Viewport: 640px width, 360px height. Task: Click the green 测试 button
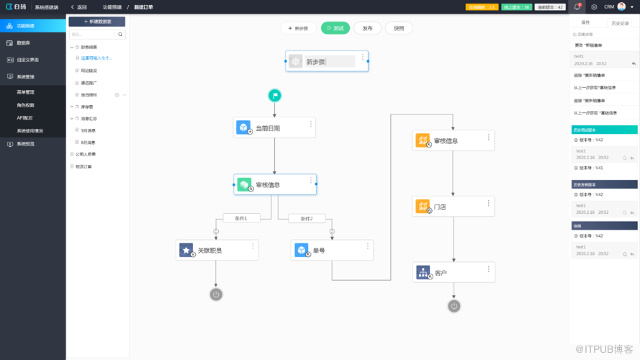point(335,28)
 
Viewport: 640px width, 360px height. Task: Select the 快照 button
point(399,28)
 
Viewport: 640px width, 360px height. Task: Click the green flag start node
point(274,95)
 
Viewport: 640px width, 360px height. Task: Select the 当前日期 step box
point(274,127)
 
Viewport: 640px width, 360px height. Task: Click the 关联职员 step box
point(217,250)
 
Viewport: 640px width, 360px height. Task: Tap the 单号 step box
point(332,250)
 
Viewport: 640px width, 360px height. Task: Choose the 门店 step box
point(453,207)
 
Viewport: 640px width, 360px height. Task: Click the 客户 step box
point(453,273)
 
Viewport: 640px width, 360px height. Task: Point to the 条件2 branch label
point(307,218)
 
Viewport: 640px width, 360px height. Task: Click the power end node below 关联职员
point(216,294)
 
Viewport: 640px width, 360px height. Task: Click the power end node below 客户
point(454,306)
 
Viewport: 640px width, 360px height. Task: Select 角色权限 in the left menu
point(25,105)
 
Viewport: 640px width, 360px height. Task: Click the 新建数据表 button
point(96,22)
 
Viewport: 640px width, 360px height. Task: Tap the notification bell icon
point(577,6)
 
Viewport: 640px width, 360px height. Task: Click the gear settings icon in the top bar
point(594,6)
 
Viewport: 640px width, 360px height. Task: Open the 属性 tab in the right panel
point(585,22)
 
